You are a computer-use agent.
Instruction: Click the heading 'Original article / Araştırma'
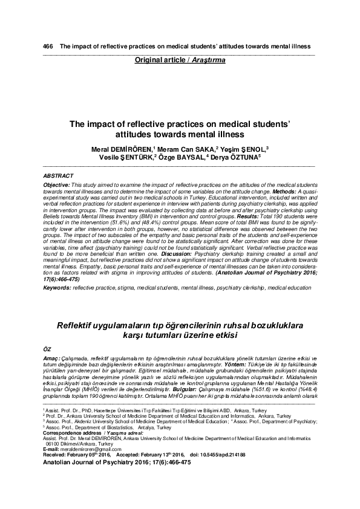[180, 60]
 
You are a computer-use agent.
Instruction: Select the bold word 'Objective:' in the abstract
[57, 183]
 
